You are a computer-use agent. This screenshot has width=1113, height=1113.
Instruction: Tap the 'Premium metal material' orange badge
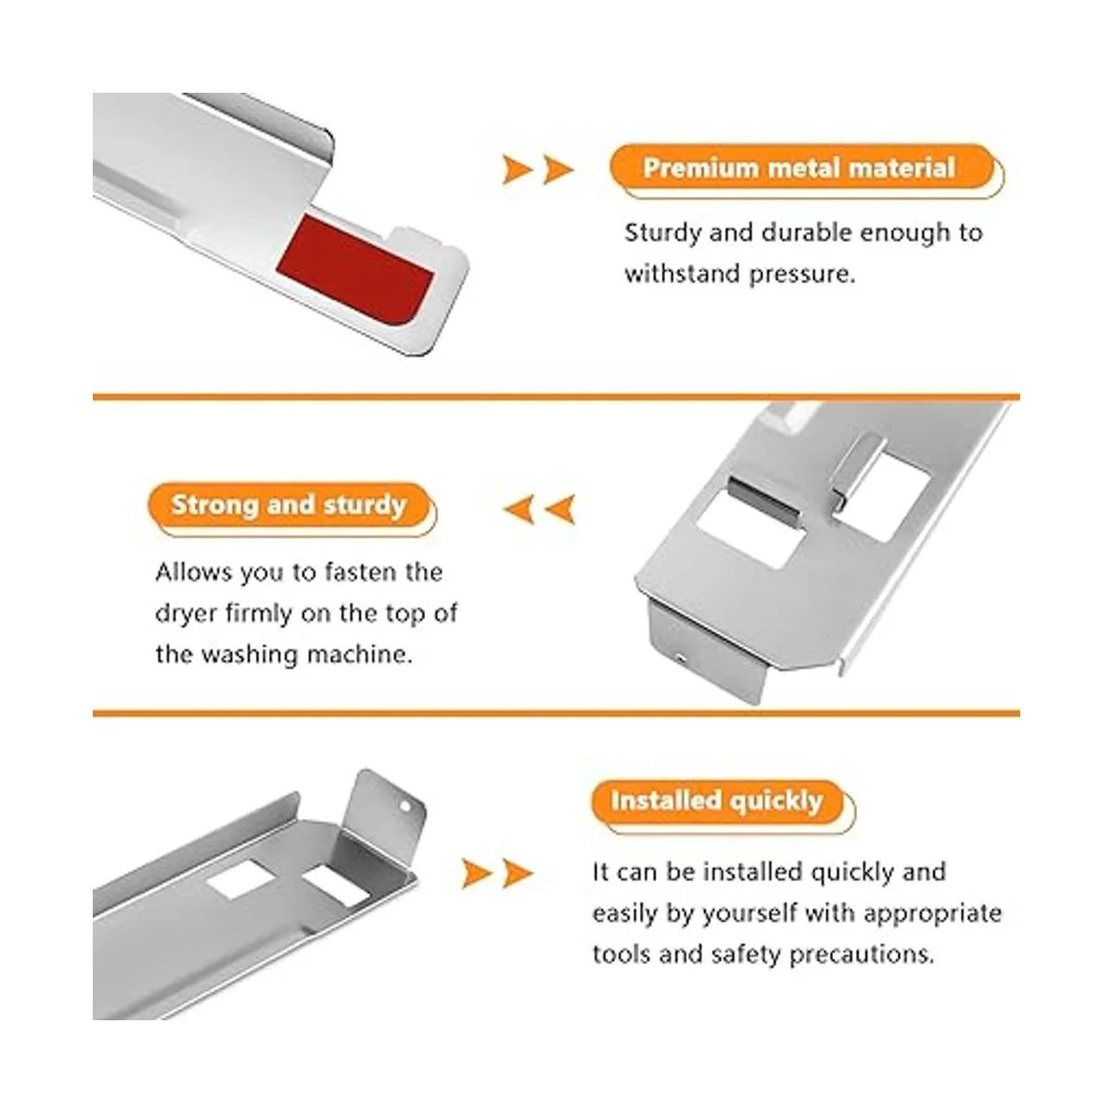tap(803, 168)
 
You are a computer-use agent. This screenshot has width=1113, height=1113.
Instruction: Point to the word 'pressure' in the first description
tap(801, 274)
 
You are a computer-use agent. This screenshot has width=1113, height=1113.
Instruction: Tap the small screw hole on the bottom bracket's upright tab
tap(405, 806)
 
